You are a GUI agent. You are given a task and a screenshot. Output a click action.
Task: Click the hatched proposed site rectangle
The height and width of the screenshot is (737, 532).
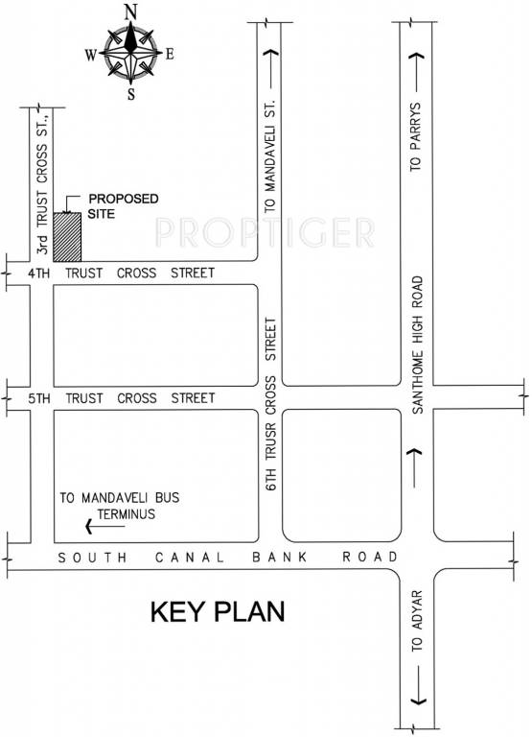67,236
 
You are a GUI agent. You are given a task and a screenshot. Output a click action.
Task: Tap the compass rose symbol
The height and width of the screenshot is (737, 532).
129,54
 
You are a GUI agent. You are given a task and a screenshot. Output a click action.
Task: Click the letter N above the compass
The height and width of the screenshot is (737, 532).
129,12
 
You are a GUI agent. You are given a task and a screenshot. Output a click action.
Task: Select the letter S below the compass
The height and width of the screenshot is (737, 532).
130,94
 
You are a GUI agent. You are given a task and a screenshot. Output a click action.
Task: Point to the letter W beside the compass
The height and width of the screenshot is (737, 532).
90,55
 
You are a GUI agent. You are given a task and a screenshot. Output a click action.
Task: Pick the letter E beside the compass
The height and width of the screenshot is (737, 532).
170,54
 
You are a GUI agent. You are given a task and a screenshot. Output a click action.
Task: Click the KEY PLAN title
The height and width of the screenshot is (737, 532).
219,612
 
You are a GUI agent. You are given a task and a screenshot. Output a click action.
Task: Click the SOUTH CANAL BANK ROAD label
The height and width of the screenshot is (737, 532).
226,558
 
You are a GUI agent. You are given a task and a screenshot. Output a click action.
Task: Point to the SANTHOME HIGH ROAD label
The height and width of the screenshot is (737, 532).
417,345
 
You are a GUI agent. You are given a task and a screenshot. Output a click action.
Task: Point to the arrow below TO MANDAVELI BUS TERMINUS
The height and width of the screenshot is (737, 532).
102,526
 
